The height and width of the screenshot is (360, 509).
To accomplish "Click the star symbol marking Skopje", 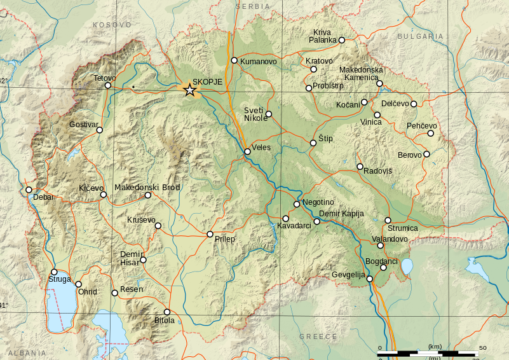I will [x=189, y=90].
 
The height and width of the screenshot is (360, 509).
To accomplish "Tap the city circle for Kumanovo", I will [x=234, y=60].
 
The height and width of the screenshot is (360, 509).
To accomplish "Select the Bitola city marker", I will [x=167, y=312].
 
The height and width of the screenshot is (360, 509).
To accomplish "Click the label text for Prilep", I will [x=225, y=239].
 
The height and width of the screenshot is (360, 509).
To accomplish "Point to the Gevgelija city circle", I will [x=370, y=279].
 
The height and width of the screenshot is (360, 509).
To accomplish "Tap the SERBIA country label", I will [x=252, y=6].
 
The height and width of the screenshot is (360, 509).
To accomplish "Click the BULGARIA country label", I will [x=421, y=36].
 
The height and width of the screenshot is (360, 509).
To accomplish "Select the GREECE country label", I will [x=319, y=336].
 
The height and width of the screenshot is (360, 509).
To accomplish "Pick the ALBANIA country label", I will [x=26, y=352].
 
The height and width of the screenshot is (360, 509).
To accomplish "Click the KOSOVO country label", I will [x=112, y=24].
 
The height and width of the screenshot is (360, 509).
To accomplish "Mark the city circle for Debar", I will [x=29, y=190].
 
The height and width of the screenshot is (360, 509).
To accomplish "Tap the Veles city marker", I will [x=247, y=151].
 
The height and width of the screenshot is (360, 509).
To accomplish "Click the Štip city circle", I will [x=313, y=143].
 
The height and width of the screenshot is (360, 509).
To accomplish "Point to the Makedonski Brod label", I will [x=147, y=187].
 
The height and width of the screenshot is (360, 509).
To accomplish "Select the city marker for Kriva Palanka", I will [x=341, y=40].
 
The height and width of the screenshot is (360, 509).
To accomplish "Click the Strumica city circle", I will [x=388, y=220].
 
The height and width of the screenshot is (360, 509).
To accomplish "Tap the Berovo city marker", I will [x=426, y=153].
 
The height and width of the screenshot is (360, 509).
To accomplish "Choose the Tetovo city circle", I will [x=108, y=85].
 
